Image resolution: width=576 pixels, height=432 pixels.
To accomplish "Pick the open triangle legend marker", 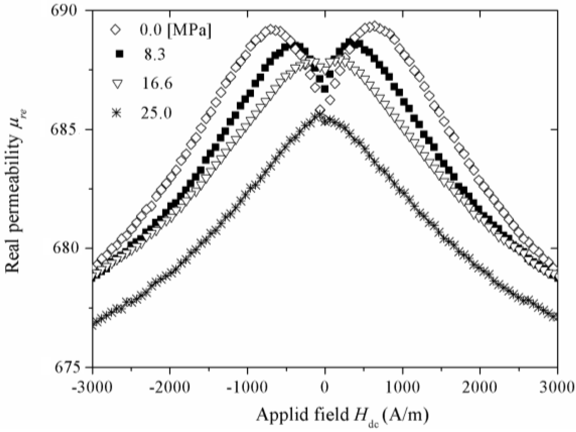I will click(117, 84).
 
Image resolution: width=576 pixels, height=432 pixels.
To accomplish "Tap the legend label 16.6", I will click(156, 84).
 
